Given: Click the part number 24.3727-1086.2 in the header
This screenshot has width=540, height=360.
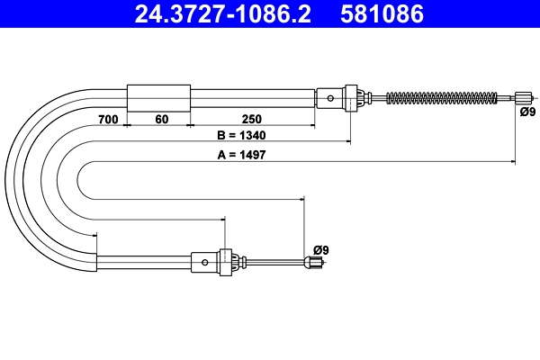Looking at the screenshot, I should (x=221, y=14).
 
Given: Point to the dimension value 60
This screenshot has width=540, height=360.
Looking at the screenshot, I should (x=161, y=119).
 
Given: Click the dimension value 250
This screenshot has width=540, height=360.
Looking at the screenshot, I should (x=252, y=119).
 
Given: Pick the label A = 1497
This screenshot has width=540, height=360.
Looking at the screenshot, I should (x=238, y=155).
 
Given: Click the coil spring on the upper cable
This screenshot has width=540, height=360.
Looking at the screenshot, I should (x=442, y=97).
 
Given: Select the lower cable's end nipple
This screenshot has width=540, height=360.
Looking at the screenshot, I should (x=313, y=263).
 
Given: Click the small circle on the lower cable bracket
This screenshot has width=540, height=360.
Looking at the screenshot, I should (x=206, y=262).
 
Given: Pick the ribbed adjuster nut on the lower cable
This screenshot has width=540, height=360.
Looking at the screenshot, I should (x=229, y=262).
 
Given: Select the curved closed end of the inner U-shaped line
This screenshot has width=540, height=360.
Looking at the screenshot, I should (x=79, y=180).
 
